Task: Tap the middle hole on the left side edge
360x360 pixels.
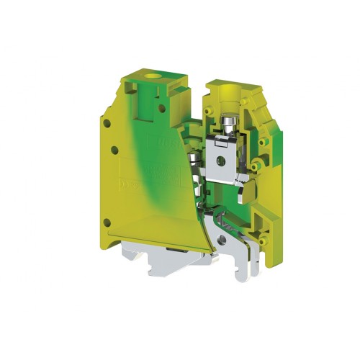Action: pos(114,150)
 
